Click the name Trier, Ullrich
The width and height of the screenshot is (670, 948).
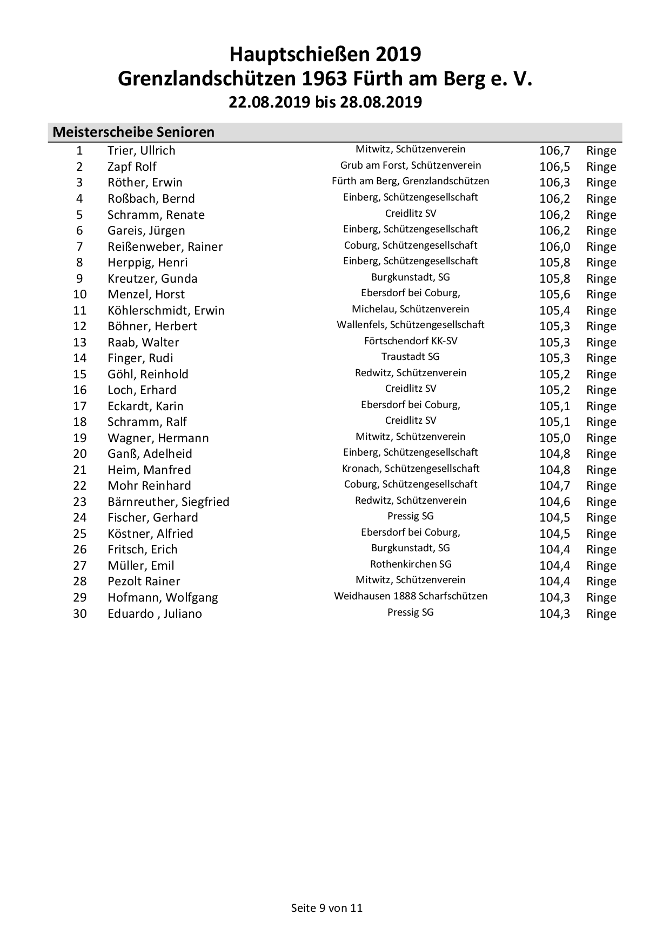[x=141, y=151]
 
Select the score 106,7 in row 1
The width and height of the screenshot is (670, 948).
[x=554, y=151]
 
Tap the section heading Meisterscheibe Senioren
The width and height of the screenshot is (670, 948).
[x=133, y=132]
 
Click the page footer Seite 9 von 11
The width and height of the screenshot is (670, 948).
[x=327, y=907]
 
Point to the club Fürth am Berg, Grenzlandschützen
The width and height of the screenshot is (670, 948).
[x=410, y=181]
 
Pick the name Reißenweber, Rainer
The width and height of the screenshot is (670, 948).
[x=165, y=246]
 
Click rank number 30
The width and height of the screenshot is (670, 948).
[x=80, y=613]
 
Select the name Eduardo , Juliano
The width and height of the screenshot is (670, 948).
[x=155, y=613]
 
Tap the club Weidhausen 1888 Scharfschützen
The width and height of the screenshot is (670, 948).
[x=410, y=596]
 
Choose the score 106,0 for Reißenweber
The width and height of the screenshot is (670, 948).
[x=554, y=246]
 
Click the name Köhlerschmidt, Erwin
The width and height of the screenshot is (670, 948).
[x=166, y=310]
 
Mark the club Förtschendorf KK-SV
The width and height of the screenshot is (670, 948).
[x=410, y=341]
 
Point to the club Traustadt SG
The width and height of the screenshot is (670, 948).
[x=410, y=357]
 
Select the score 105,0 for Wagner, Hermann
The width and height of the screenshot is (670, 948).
[x=554, y=438]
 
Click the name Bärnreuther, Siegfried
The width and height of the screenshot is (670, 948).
[x=168, y=502]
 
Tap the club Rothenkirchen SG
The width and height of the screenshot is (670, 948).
[x=410, y=564]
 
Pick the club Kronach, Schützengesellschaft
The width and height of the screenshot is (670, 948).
[x=410, y=469]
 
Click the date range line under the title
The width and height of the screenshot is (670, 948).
[x=325, y=102]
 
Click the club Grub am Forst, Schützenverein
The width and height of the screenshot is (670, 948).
[x=410, y=165]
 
